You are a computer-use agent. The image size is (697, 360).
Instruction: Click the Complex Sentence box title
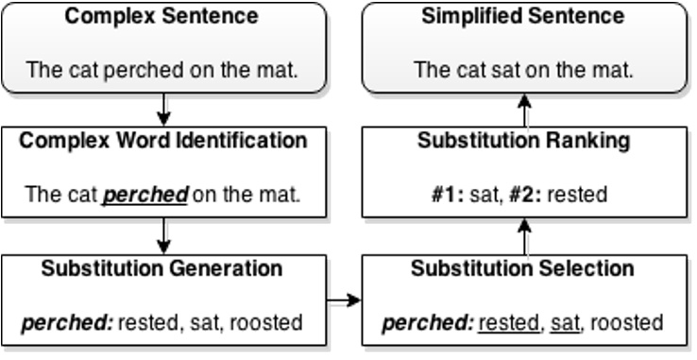point(162,17)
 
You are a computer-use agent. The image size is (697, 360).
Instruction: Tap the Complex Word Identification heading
point(163,141)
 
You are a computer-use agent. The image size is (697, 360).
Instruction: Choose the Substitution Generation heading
point(162,268)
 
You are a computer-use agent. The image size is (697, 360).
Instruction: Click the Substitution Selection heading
point(523,268)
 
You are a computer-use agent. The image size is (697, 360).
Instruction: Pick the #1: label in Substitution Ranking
point(447,196)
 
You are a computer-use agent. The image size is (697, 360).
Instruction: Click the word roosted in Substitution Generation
point(268,323)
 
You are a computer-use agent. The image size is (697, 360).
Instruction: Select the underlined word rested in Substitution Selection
point(509,323)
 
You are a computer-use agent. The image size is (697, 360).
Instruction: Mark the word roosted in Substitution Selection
point(627,323)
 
